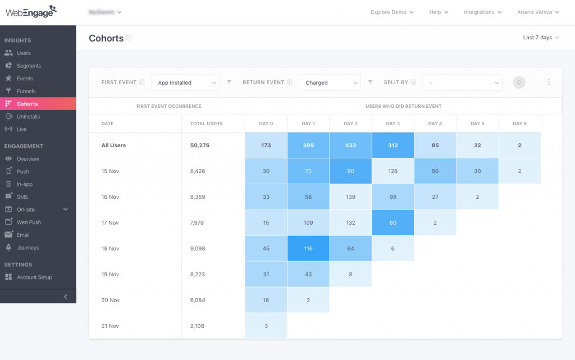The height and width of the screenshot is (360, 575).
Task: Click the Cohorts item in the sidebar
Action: coord(27,104)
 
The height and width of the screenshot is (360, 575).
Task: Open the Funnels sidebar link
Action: coord(26,91)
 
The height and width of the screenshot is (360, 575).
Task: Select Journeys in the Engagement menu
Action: coord(28,248)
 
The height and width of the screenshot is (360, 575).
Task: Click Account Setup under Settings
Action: coord(35,277)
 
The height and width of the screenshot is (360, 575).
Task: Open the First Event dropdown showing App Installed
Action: coord(185,83)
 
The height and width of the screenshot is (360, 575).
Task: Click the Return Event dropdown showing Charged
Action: coord(330,83)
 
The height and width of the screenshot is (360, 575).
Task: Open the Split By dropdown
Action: coord(462,83)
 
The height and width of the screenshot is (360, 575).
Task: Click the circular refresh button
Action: coord(519,83)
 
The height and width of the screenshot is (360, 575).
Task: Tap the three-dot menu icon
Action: coord(549,83)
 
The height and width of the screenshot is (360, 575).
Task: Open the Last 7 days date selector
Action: coord(541,38)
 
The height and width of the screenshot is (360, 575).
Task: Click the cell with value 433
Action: coord(350,145)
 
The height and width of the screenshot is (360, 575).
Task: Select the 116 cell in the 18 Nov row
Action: coord(308,248)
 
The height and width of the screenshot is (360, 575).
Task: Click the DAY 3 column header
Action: coord(393,124)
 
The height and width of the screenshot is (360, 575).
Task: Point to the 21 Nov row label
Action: coord(111,326)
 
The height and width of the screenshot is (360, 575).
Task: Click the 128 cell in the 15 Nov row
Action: coord(393,171)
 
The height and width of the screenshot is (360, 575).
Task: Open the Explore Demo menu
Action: coord(392,12)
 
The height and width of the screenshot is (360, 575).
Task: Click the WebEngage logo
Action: coord(31,12)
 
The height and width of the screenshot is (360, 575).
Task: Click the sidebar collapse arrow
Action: coord(65,297)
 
